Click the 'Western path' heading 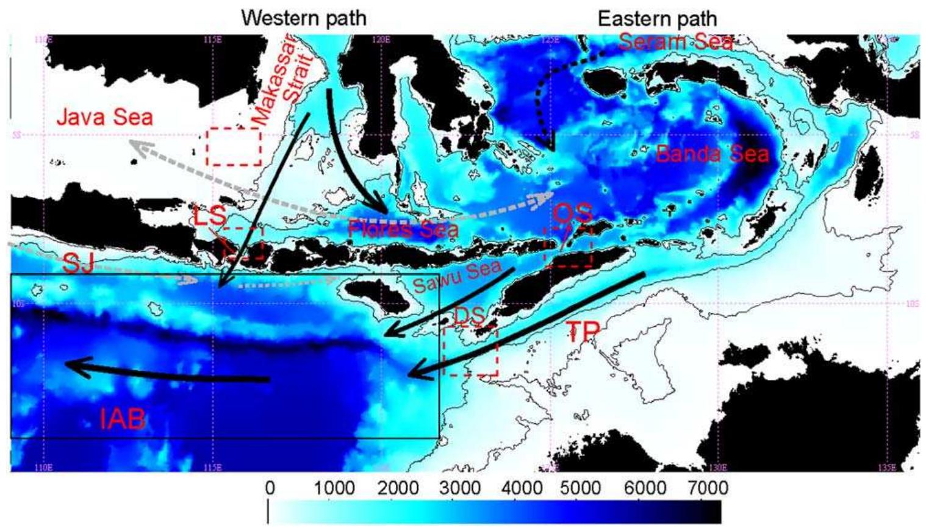point(304,18)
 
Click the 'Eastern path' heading point(657,18)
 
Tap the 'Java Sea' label point(105,116)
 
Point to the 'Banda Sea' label point(712,154)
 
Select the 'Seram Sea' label point(675,41)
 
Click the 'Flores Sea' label point(403,229)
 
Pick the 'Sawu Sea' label point(457,276)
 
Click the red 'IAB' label point(123,419)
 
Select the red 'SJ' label point(79,263)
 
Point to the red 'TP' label point(583,332)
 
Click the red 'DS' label point(470,316)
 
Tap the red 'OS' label point(573,214)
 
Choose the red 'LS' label point(210,216)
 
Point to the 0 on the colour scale point(270,488)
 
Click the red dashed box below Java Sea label point(234,147)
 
